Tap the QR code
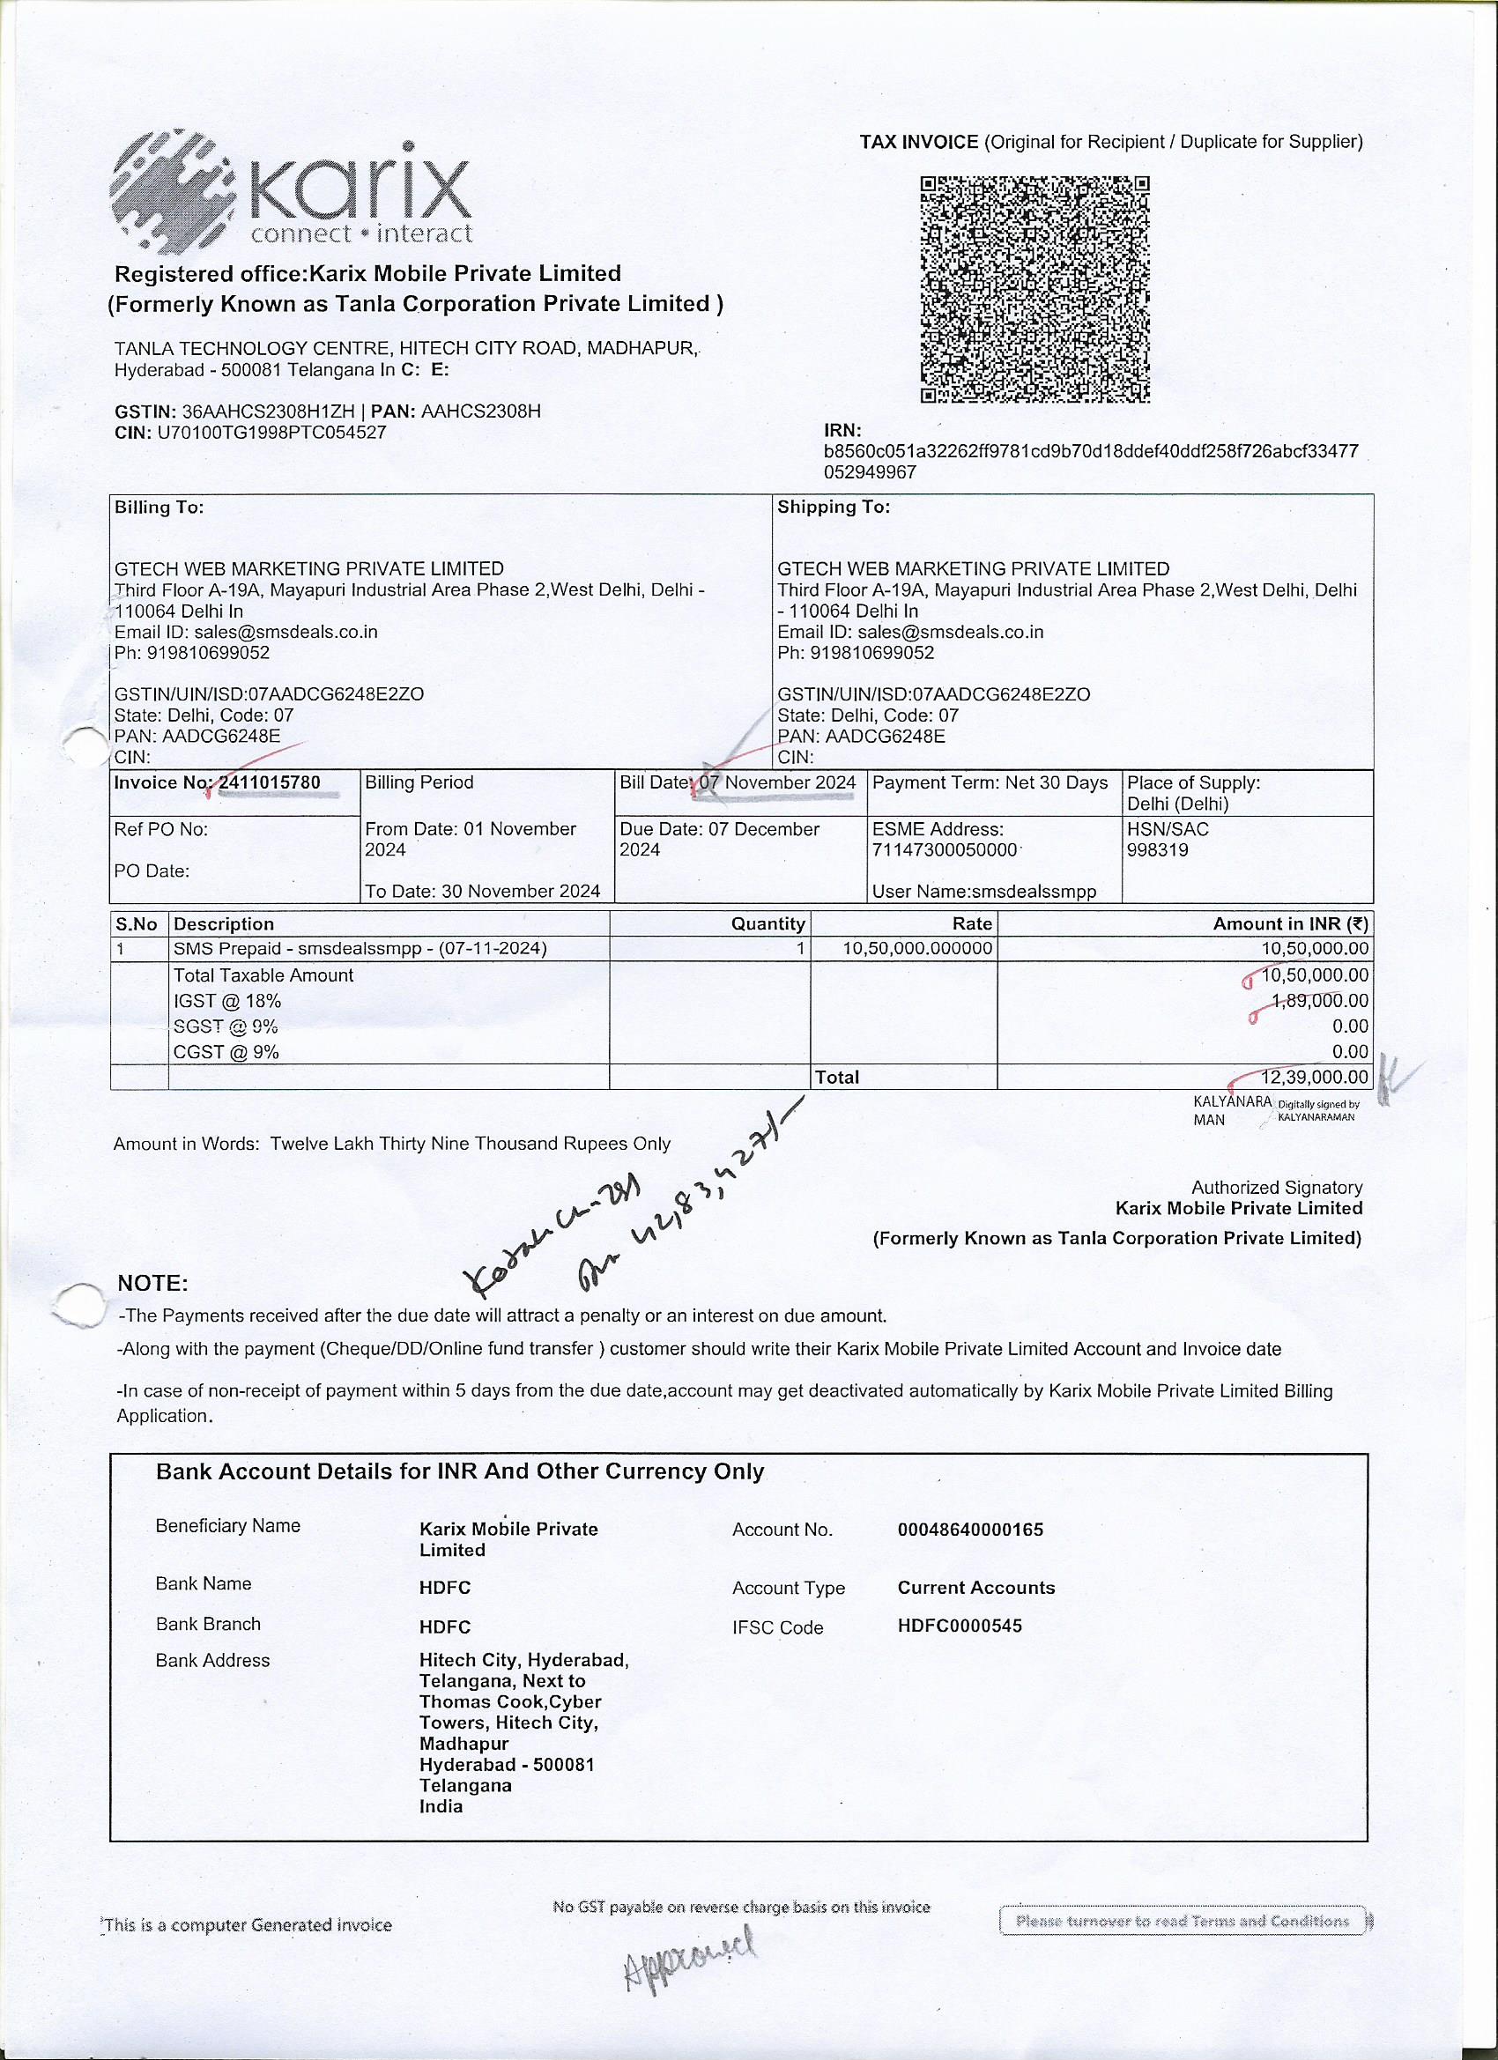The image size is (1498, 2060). click(1035, 289)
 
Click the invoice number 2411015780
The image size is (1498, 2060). click(270, 782)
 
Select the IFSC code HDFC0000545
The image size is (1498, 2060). click(960, 1625)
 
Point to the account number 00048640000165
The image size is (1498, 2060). click(970, 1529)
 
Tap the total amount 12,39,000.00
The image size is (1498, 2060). click(1316, 1078)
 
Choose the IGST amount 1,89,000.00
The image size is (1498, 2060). click(1320, 1000)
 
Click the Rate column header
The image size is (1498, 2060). click(971, 923)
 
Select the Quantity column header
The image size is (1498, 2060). click(768, 923)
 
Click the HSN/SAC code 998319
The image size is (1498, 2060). click(1156, 850)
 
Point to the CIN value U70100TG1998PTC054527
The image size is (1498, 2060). click(271, 433)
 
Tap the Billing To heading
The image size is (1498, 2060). click(159, 507)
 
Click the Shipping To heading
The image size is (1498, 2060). click(833, 507)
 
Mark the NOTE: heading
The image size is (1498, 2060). click(152, 1284)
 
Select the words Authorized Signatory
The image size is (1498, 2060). click(1276, 1187)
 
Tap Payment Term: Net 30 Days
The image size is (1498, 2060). click(990, 782)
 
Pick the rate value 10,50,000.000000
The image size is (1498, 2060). click(917, 948)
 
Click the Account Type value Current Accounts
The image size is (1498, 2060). click(975, 1587)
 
